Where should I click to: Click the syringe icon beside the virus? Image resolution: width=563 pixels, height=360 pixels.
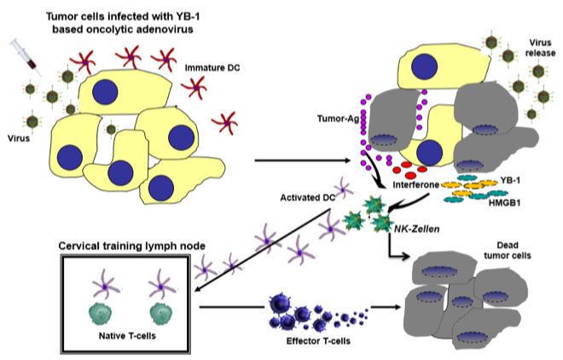[24, 56]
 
